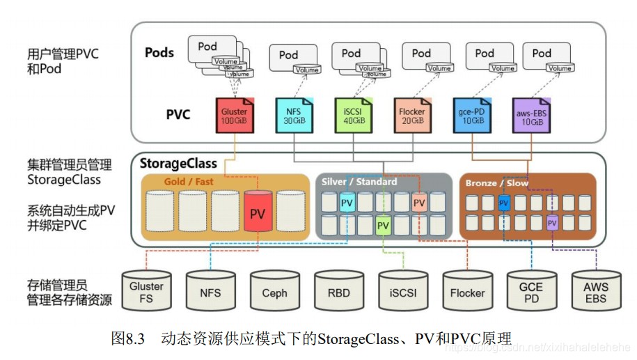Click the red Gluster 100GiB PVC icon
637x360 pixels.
pyautogui.click(x=234, y=116)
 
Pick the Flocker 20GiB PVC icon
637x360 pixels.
pyautogui.click(x=412, y=116)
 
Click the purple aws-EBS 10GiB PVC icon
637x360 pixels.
pyautogui.click(x=531, y=116)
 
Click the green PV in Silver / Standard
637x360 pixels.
pyautogui.click(x=383, y=226)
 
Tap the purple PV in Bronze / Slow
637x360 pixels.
pyautogui.click(x=552, y=223)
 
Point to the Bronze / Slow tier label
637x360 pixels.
pyautogui.click(x=497, y=183)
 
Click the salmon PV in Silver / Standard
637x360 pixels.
pyautogui.click(x=419, y=203)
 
